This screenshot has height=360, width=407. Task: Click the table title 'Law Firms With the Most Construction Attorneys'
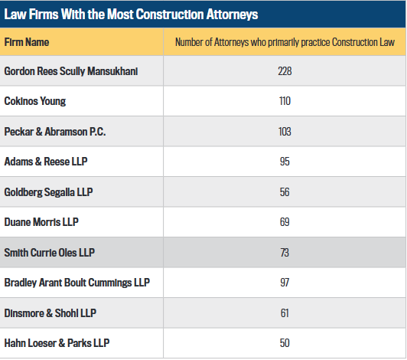131,14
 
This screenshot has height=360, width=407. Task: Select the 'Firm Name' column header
27,42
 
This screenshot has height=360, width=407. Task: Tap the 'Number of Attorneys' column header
285,42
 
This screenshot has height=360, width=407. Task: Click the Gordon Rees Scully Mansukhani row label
71,71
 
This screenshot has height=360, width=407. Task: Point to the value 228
285,71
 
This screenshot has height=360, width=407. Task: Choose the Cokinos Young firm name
35,101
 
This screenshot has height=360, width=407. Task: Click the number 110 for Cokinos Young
285,101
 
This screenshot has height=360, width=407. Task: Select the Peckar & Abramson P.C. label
55,132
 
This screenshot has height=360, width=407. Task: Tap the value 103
285,132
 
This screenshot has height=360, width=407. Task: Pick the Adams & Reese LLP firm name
46,162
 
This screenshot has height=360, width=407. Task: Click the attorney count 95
285,162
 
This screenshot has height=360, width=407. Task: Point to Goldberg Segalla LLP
48,192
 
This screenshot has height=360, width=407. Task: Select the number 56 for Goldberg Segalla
285,192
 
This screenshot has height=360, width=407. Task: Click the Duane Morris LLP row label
41,222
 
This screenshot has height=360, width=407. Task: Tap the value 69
285,222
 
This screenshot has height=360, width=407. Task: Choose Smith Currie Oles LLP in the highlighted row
49,253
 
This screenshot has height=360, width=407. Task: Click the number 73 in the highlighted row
285,253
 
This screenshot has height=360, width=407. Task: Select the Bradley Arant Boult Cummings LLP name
77,283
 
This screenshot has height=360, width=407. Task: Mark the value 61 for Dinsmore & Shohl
285,313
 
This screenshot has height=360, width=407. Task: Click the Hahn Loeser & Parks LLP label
57,343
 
